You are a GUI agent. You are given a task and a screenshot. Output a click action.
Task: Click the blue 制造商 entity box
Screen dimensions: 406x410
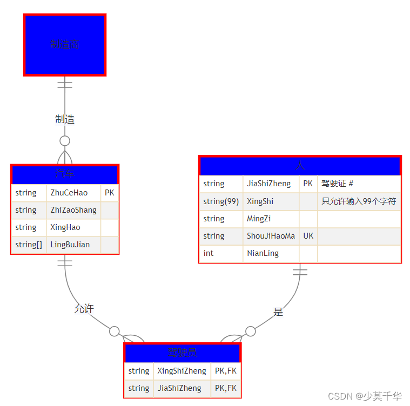tap(65, 45)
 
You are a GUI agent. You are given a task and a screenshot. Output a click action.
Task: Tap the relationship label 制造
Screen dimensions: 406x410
tap(65, 119)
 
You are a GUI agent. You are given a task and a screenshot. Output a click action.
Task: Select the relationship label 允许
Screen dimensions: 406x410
tap(84, 308)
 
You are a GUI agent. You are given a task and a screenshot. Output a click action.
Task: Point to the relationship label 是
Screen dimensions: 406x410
tap(278, 312)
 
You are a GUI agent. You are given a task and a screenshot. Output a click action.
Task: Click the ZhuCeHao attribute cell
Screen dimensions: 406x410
tap(73, 193)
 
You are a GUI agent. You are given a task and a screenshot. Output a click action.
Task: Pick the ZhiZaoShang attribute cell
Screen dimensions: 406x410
tap(73, 210)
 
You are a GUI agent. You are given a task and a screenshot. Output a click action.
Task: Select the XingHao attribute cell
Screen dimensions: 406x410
tap(73, 227)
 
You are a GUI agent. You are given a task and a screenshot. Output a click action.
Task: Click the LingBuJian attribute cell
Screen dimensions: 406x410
tap(73, 245)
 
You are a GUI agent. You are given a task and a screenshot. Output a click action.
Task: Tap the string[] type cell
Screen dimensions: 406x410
tap(29, 245)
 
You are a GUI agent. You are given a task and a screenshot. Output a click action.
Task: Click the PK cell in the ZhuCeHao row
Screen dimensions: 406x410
tap(109, 193)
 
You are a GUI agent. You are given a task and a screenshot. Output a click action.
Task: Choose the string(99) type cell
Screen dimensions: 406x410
tap(221, 201)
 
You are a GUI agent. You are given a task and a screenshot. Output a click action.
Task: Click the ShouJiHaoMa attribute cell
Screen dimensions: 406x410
tap(271, 236)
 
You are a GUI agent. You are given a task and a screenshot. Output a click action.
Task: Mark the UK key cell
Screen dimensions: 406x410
tap(308, 236)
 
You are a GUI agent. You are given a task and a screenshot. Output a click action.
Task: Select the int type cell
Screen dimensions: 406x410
tap(221, 253)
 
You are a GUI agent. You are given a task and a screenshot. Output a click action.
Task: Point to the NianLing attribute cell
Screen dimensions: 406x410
tap(271, 253)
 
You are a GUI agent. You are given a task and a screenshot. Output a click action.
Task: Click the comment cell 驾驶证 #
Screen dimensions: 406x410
tap(359, 184)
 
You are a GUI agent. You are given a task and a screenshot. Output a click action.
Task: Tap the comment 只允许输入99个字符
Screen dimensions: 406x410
tap(359, 201)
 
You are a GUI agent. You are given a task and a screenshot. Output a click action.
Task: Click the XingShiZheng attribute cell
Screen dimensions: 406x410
tap(182, 371)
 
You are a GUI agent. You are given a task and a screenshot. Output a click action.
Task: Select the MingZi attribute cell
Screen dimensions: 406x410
tap(271, 219)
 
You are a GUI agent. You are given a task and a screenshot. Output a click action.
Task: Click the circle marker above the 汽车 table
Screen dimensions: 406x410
tap(65, 141)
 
